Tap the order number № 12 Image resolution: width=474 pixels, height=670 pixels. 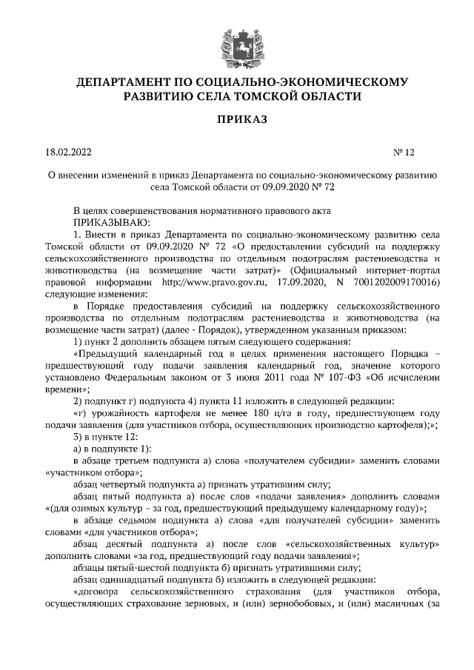point(404,153)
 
